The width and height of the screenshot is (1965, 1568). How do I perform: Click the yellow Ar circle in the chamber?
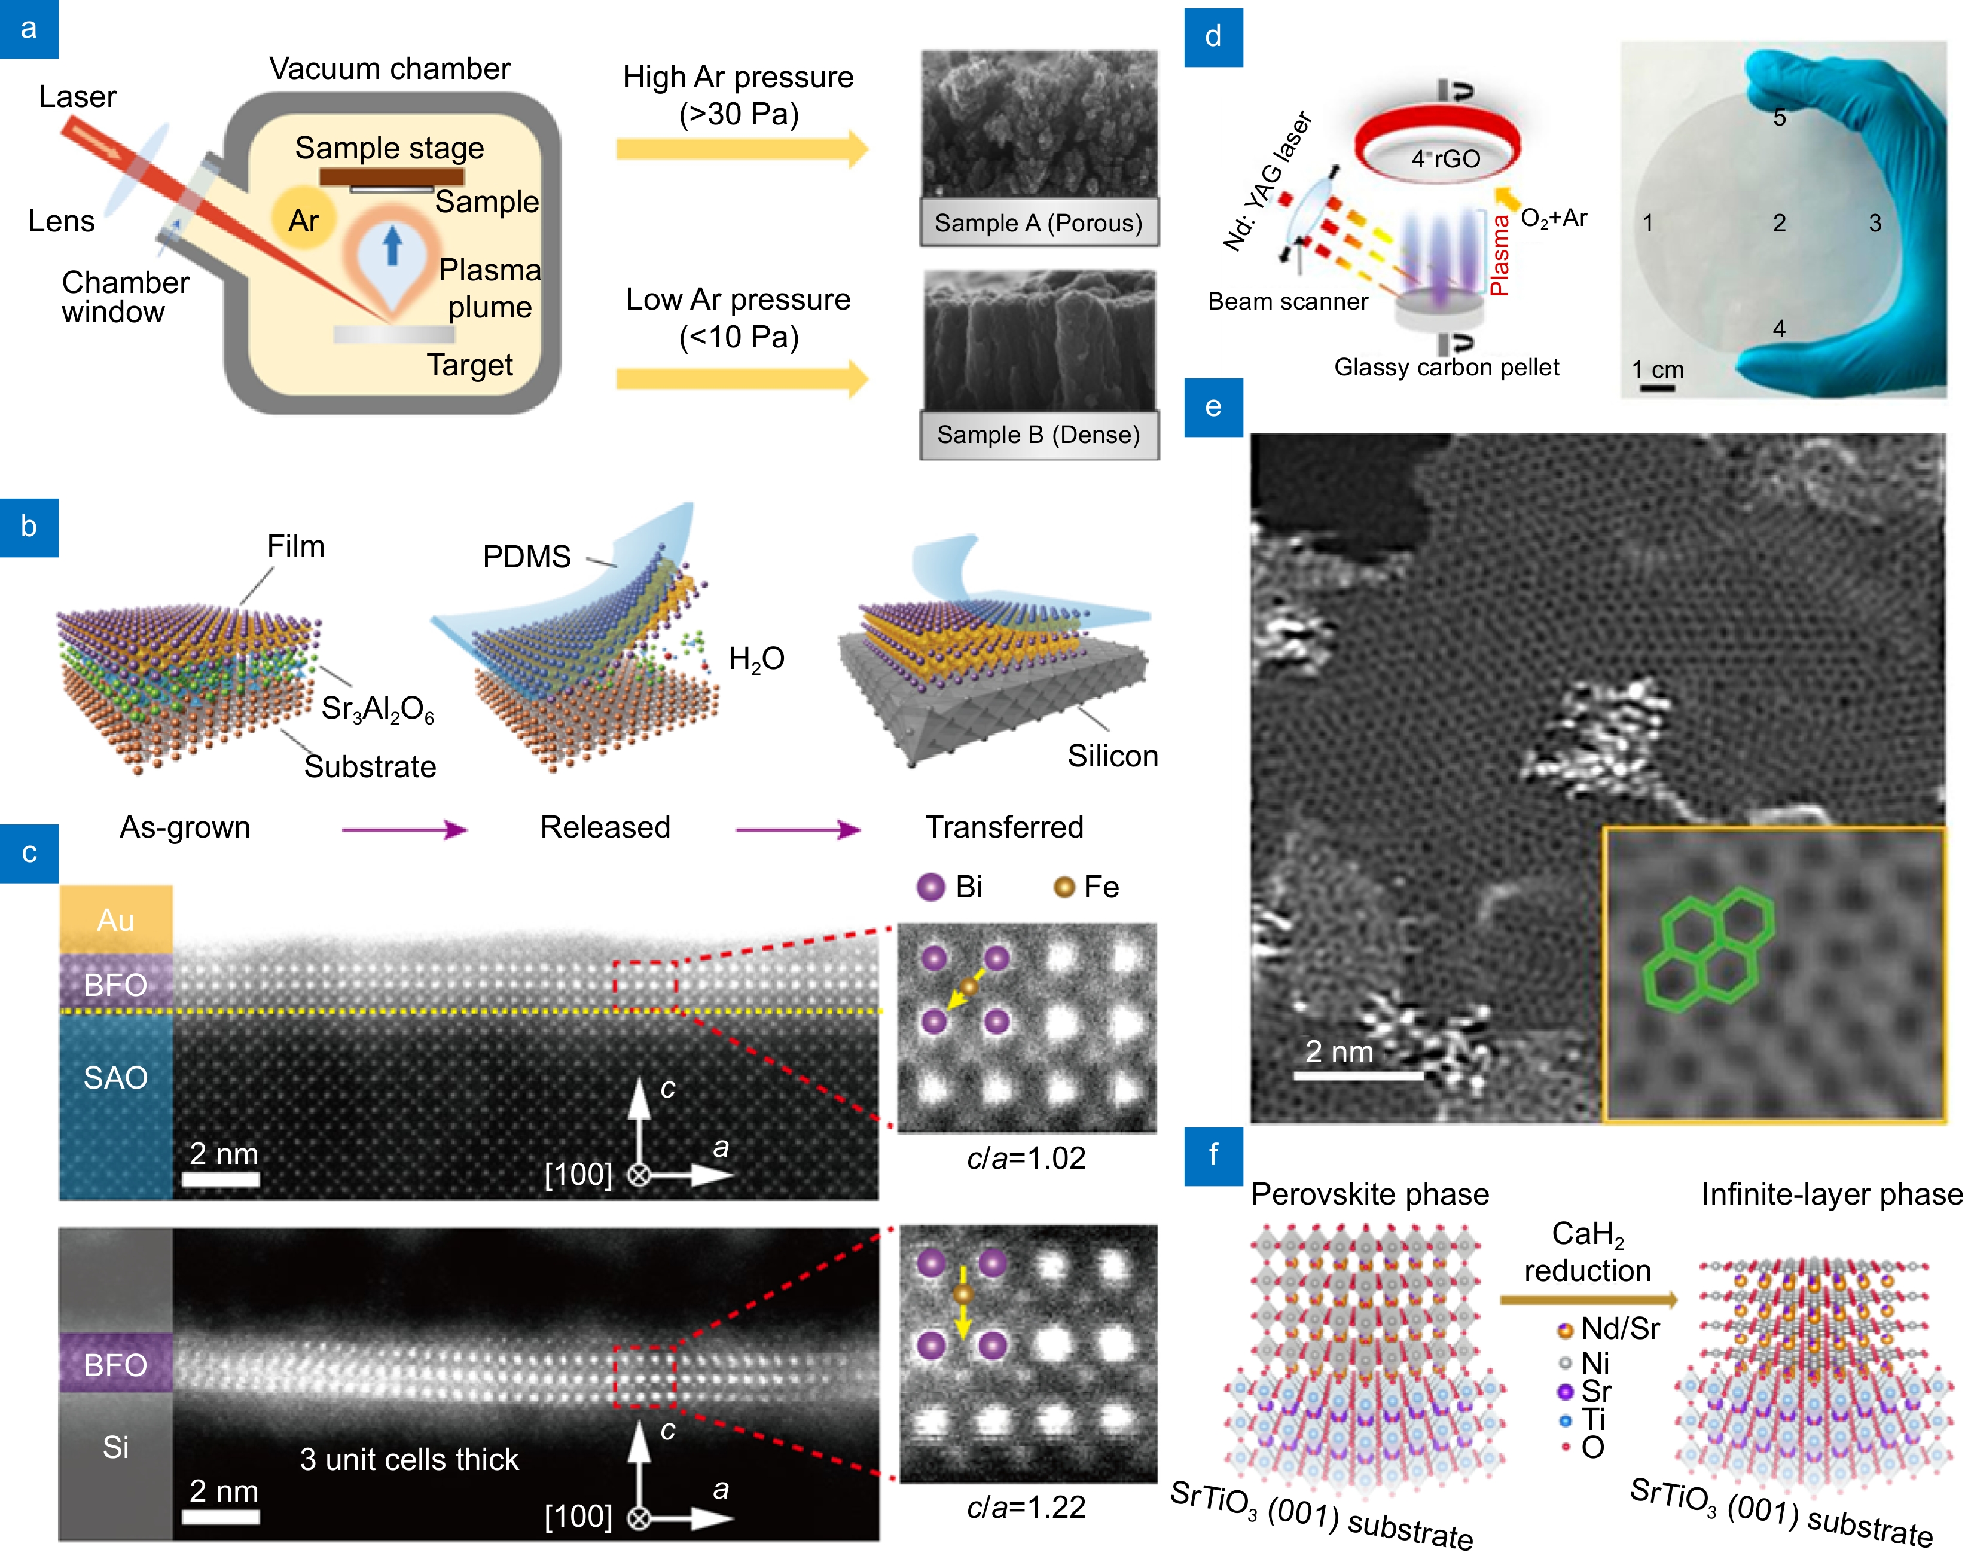pyautogui.click(x=304, y=219)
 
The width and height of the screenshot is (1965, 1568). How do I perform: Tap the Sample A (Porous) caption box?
pyautogui.click(x=1038, y=223)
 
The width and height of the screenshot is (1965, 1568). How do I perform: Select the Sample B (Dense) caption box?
pyautogui.click(x=1038, y=435)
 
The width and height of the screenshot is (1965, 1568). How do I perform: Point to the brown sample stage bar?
pyautogui.click(x=391, y=176)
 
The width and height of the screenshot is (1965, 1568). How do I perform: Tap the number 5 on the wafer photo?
pyautogui.click(x=1778, y=118)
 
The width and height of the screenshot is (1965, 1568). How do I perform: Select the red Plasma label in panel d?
pyautogui.click(x=1499, y=255)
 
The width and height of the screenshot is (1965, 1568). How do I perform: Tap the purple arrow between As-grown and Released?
pyautogui.click(x=404, y=829)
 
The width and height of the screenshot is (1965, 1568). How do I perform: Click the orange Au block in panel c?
pyautogui.click(x=116, y=919)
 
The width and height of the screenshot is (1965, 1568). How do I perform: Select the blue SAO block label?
pyautogui.click(x=116, y=1078)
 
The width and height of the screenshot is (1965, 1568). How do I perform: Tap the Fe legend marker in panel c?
pyautogui.click(x=1063, y=887)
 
